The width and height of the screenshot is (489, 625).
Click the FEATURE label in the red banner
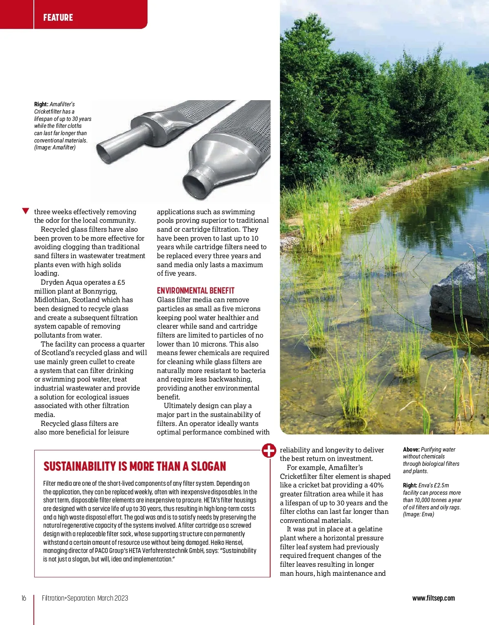tap(58, 18)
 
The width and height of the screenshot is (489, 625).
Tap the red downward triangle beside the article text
tap(26, 211)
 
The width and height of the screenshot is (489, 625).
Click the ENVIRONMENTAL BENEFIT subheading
tap(196, 290)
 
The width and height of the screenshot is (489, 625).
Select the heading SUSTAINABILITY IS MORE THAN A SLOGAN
tap(134, 466)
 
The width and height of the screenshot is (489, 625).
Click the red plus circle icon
tap(269, 450)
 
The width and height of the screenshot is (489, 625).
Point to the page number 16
tap(24, 598)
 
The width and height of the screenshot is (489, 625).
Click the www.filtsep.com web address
tap(434, 598)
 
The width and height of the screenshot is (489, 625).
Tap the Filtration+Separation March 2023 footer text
tap(85, 598)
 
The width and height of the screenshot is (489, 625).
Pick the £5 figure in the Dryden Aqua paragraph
tap(121, 282)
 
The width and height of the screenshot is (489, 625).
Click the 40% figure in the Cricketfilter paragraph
tap(376, 485)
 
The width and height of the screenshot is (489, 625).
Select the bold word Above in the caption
tap(411, 450)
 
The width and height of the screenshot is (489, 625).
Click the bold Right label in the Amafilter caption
tap(41, 104)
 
